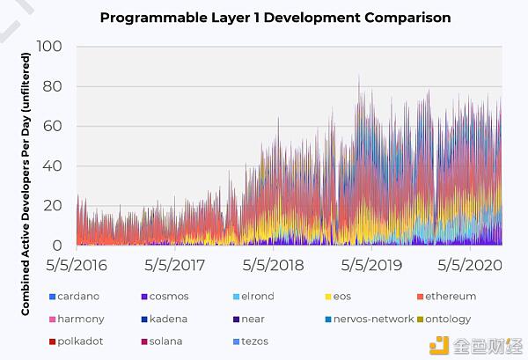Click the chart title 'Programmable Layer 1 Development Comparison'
[x=275, y=18]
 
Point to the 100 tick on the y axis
[x=49, y=46]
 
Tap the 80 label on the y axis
[x=52, y=86]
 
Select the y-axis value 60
[x=52, y=126]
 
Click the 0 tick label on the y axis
[x=57, y=246]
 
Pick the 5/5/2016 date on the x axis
[x=77, y=265]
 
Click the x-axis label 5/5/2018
[x=273, y=265]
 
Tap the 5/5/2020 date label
[x=470, y=265]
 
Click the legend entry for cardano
[x=75, y=297]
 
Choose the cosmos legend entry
[x=165, y=297]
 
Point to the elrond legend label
[x=258, y=297]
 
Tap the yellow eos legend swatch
[x=328, y=297]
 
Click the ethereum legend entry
[x=446, y=297]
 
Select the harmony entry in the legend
[x=77, y=319]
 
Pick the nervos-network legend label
[x=373, y=319]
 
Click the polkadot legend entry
[x=76, y=342]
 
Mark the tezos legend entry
[x=251, y=342]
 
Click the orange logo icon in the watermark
[x=439, y=345]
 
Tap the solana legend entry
[x=162, y=342]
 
